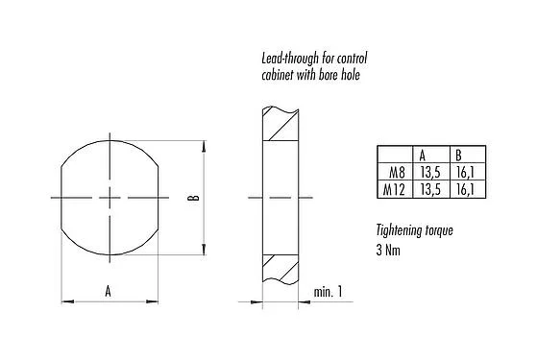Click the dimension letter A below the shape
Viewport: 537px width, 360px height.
tap(109, 288)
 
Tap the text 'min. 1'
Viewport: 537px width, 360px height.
tap(328, 291)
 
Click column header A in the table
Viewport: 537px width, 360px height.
tap(423, 155)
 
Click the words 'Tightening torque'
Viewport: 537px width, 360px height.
tap(414, 230)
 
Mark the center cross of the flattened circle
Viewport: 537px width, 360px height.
tap(111, 198)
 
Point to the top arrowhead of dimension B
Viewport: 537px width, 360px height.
tap(203, 147)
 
